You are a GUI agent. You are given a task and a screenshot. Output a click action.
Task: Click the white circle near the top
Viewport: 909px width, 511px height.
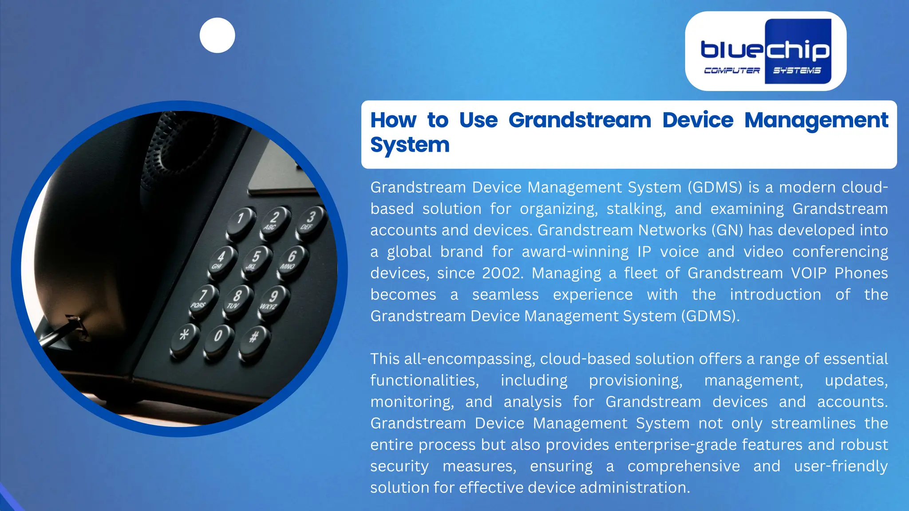(217, 35)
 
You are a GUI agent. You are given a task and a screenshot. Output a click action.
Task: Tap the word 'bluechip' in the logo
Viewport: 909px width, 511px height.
(765, 50)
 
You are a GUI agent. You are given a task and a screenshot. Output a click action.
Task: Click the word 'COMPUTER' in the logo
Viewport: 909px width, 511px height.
(731, 71)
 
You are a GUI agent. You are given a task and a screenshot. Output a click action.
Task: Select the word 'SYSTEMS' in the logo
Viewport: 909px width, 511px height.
(797, 71)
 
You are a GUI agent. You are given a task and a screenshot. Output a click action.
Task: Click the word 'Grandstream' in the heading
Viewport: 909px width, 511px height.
(579, 120)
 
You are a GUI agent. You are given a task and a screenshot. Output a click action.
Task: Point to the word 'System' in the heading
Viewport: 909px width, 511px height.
(410, 145)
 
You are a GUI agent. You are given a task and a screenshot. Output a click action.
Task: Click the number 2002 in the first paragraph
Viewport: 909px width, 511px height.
(502, 273)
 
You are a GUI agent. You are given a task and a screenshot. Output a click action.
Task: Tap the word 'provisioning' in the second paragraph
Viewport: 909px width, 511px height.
(635, 381)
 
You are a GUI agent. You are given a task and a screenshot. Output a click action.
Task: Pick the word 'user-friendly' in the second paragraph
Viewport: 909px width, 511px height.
(841, 466)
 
